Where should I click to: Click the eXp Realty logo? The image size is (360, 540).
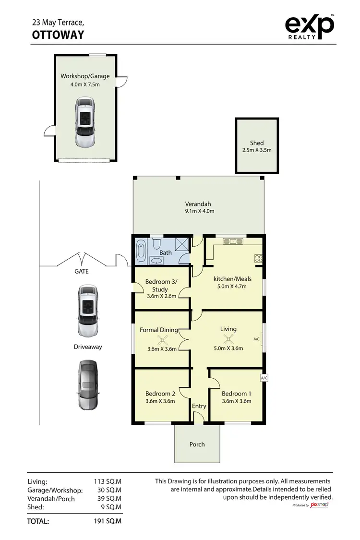pyautogui.click(x=310, y=26)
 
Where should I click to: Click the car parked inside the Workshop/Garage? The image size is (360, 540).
pyautogui.click(x=84, y=122)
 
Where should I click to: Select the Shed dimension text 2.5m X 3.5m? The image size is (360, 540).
pyautogui.click(x=257, y=150)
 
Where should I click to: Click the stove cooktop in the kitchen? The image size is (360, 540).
pyautogui.click(x=258, y=258)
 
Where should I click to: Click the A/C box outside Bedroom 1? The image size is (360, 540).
pyautogui.click(x=264, y=378)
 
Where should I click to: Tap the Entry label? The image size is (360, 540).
pyautogui.click(x=199, y=406)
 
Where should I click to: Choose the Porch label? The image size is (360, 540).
pyautogui.click(x=197, y=444)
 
